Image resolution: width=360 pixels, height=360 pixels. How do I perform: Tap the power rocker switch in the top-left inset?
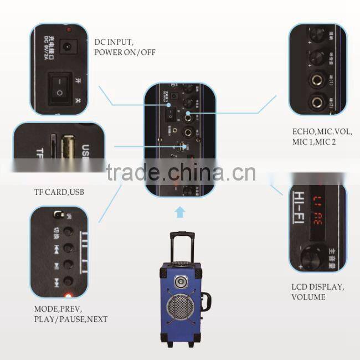click(58, 88)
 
